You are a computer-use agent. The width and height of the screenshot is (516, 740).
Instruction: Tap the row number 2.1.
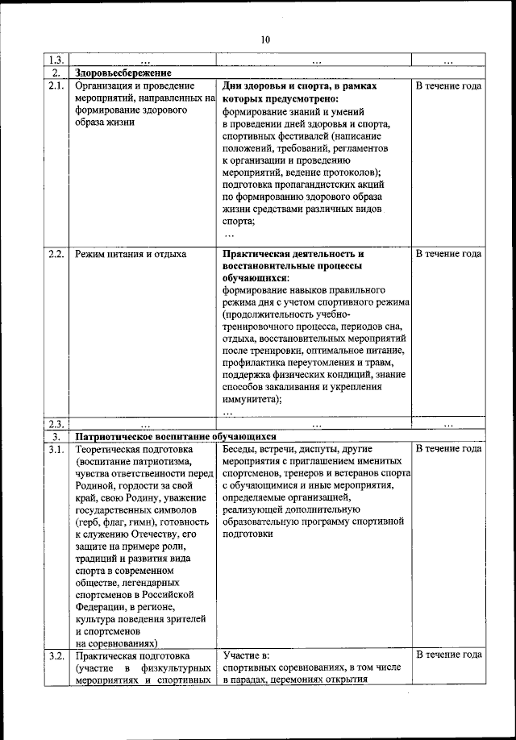56,85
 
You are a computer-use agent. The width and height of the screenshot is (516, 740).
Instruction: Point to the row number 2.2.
56,254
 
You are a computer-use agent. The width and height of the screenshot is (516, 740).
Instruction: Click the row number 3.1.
56,448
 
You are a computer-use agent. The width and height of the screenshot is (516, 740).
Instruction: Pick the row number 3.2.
56,655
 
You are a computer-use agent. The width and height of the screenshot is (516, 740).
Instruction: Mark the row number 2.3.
56,424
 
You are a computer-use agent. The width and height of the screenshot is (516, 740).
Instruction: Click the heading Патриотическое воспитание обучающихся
176,436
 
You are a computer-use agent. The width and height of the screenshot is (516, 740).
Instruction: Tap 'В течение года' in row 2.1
449,85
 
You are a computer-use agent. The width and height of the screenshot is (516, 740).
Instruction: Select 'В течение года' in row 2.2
449,254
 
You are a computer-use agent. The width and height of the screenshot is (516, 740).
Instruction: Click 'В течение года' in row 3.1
449,448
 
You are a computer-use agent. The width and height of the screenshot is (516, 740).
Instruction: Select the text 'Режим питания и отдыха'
130,254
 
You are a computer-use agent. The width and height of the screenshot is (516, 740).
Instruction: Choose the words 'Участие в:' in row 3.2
245,655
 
